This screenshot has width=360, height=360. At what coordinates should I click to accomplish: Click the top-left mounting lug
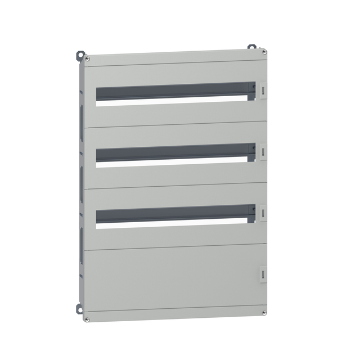(x=79, y=56)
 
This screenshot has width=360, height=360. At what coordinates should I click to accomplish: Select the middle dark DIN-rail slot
(x=172, y=153)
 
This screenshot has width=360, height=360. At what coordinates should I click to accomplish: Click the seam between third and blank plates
(x=174, y=247)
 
